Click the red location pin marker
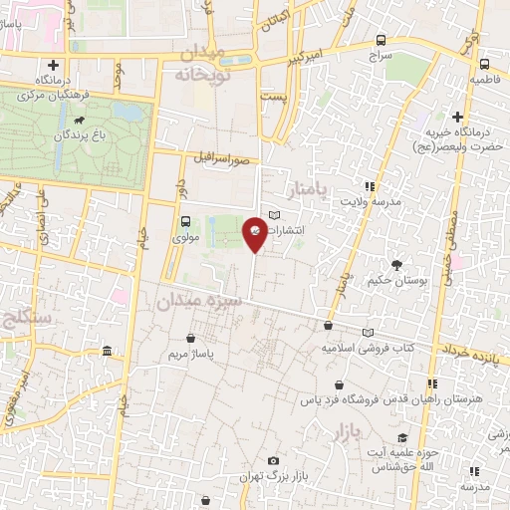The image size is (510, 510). tap(256, 233)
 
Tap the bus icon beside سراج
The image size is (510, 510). tap(382, 41)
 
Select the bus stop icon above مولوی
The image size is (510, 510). tap(185, 223)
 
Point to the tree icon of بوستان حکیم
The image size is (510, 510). tap(397, 265)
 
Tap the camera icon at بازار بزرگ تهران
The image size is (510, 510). tap(274, 460)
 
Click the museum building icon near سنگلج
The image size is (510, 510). tap(107, 351)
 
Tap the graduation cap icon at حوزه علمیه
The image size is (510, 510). tap(401, 438)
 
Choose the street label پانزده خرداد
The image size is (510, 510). tap(467, 352)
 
